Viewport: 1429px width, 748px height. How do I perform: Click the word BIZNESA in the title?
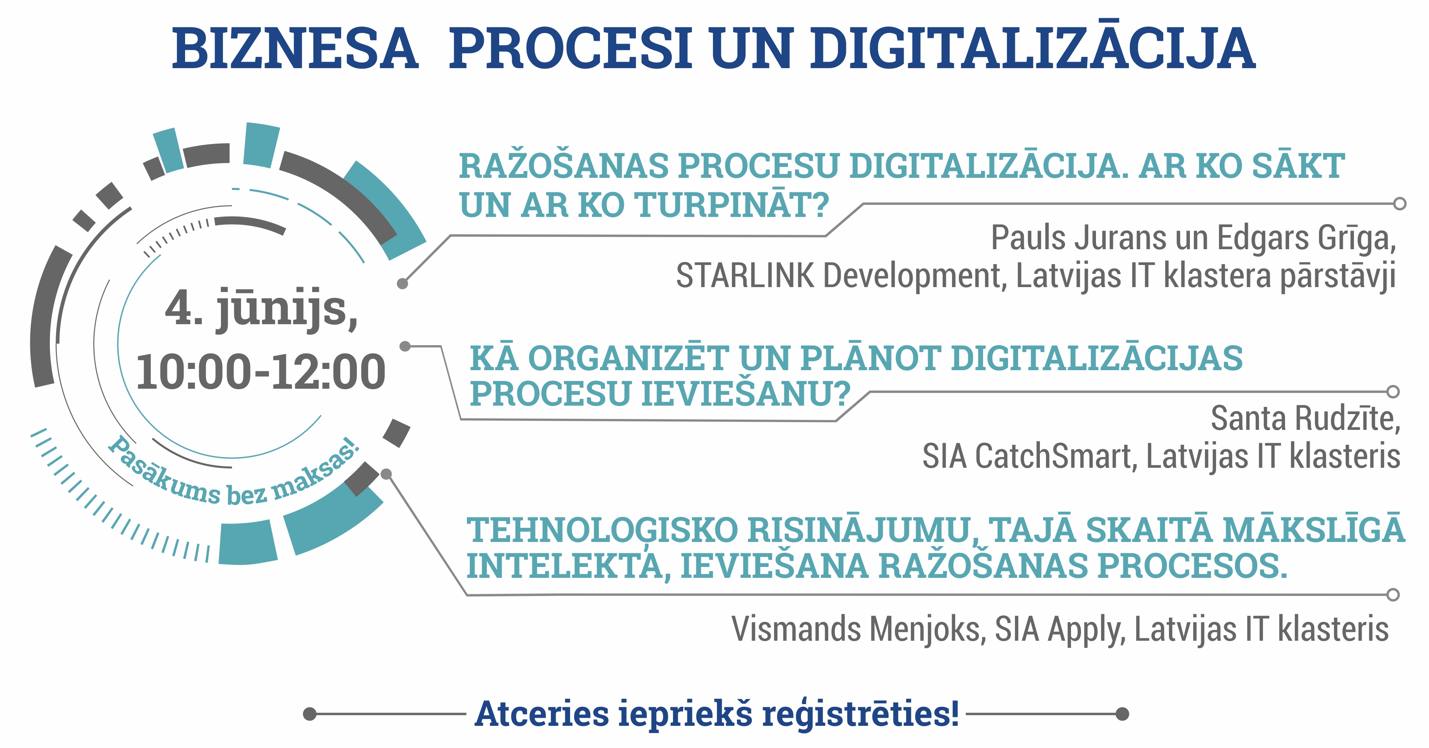point(295,49)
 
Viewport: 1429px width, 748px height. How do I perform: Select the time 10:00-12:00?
point(261,372)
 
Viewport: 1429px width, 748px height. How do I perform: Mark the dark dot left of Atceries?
point(310,714)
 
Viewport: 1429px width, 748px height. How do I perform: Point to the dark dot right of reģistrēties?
point(1122,714)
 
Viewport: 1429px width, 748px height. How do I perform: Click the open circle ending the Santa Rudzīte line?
point(1393,392)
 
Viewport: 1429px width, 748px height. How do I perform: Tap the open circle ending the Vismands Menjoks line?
point(1393,595)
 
